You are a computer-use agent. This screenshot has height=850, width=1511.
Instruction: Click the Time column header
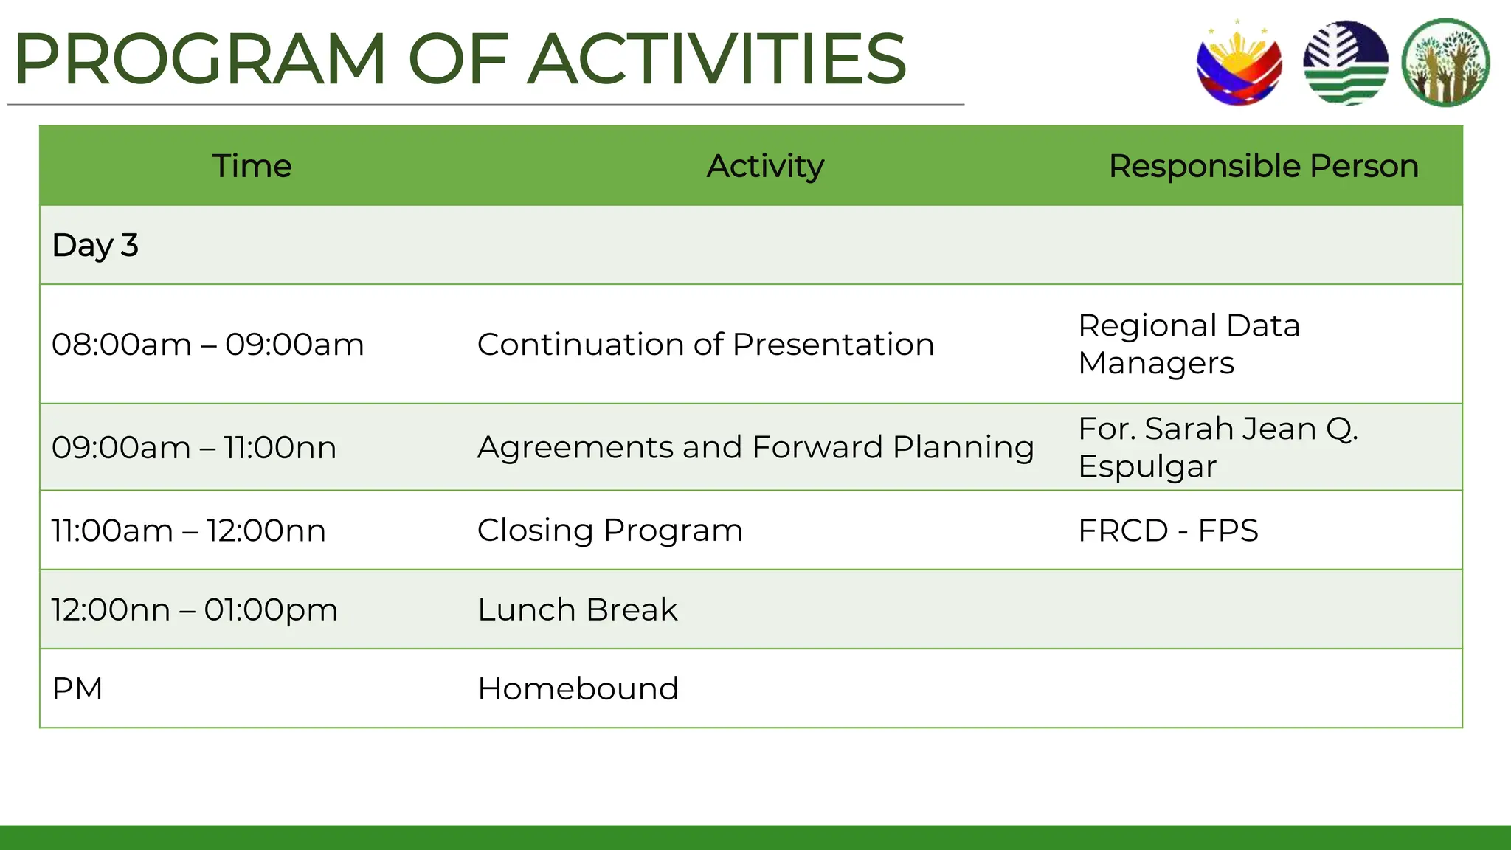pyautogui.click(x=252, y=166)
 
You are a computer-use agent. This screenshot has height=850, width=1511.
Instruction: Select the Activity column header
pyautogui.click(x=765, y=166)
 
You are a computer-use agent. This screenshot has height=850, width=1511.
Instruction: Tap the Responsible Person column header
pyautogui.click(x=1263, y=166)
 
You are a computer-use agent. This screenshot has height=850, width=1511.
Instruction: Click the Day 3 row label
pyautogui.click(x=95, y=245)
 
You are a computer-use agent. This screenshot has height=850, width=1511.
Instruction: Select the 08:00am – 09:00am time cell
pyautogui.click(x=208, y=345)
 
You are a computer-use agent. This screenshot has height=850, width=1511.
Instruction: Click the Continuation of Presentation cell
pyautogui.click(x=705, y=345)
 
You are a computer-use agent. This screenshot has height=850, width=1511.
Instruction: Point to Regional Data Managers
pyautogui.click(x=1189, y=344)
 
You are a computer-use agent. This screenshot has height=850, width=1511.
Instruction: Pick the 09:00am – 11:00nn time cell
pyautogui.click(x=194, y=447)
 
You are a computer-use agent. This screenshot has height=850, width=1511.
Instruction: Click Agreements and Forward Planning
pyautogui.click(x=755, y=447)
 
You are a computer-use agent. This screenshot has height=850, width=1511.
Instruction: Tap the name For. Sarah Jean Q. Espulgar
pyautogui.click(x=1217, y=447)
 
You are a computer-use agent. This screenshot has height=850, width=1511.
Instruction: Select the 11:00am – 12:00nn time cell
pyautogui.click(x=189, y=531)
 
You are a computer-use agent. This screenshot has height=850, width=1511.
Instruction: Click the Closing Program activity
pyautogui.click(x=609, y=531)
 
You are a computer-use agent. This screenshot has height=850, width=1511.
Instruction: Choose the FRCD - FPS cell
pyautogui.click(x=1168, y=531)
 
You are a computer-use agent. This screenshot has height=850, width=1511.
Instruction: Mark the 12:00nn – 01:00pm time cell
pyautogui.click(x=195, y=609)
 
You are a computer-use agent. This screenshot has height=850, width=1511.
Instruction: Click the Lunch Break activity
pyautogui.click(x=577, y=609)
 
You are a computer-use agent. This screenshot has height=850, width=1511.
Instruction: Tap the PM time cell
pyautogui.click(x=77, y=688)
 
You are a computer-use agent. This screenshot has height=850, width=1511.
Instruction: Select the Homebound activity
pyautogui.click(x=578, y=688)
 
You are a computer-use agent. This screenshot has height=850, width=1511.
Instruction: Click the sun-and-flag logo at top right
pyautogui.click(x=1239, y=63)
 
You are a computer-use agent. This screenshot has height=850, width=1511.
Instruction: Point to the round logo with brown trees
pyautogui.click(x=1445, y=63)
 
